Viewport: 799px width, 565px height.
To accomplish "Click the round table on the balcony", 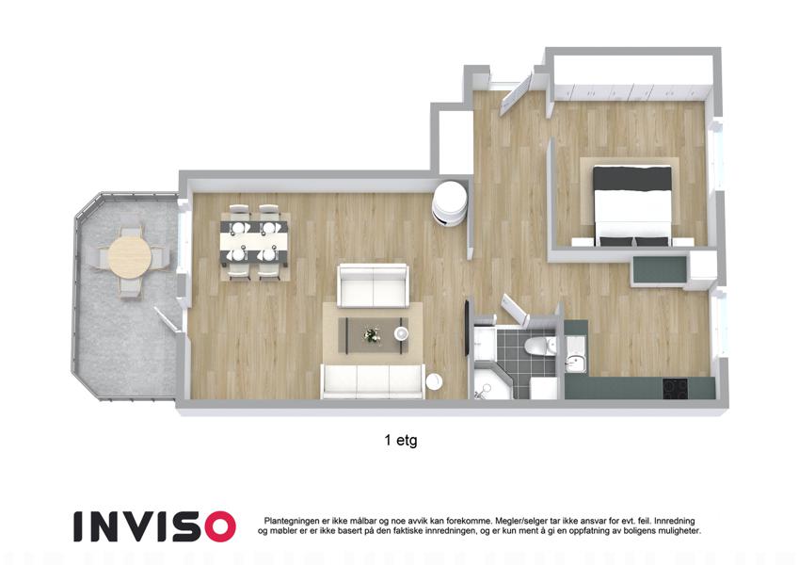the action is (x=130, y=257).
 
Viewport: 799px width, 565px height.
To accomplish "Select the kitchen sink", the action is (x=576, y=363).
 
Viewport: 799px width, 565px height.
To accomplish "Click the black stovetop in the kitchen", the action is (x=675, y=388).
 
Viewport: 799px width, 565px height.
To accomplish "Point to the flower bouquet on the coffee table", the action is (x=372, y=335).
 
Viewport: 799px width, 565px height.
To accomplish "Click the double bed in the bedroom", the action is (x=632, y=204).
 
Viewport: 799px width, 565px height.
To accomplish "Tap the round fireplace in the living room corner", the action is (x=450, y=202).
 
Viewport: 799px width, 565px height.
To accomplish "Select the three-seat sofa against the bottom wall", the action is (x=373, y=381).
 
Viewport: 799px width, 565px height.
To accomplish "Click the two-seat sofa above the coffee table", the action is (x=374, y=285).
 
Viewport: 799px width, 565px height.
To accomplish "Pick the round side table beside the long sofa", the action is (x=435, y=382).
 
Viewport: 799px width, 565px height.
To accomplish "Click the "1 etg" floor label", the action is (x=401, y=440).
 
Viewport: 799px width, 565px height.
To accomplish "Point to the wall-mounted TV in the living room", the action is (x=467, y=327).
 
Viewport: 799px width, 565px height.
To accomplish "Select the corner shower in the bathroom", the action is (x=490, y=381).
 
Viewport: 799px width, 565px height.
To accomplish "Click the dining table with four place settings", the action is (x=255, y=242).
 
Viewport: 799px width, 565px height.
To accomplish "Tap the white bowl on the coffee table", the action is (x=402, y=333).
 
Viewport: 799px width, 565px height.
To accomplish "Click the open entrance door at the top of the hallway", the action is (x=516, y=93).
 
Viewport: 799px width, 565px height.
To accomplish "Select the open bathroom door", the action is (x=515, y=309).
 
